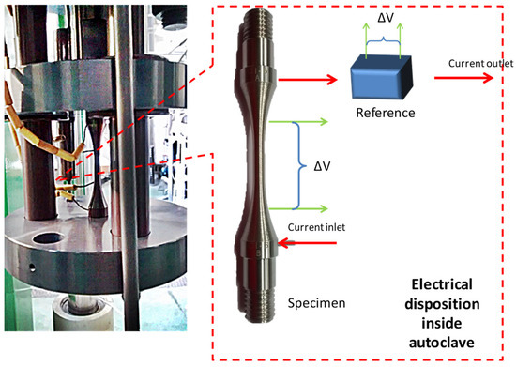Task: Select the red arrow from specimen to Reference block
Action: coord(310,80)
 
